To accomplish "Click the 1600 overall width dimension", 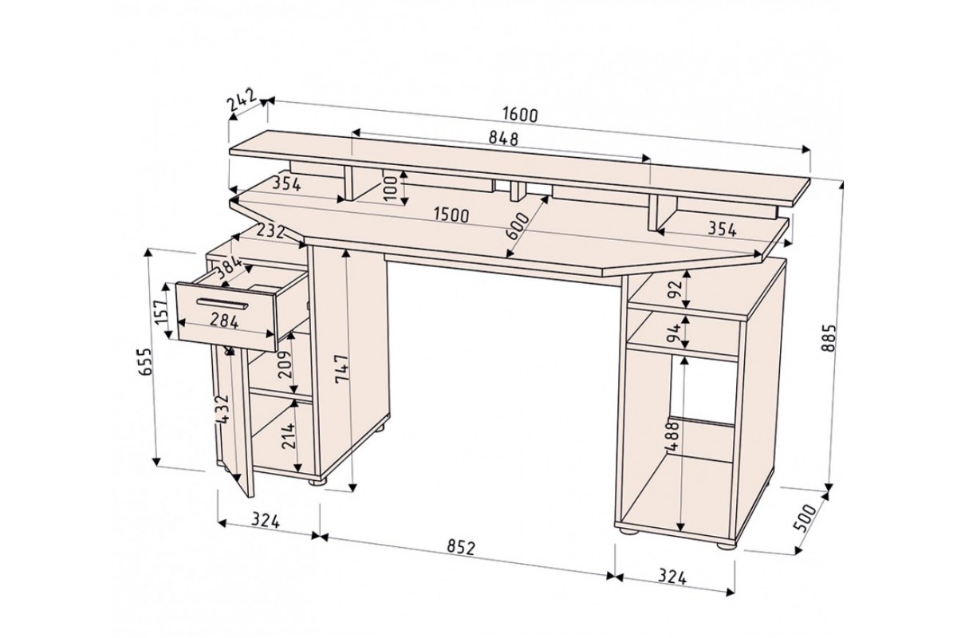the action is (520, 115).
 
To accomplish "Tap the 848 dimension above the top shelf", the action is (503, 139).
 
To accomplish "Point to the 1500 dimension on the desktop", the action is (451, 215).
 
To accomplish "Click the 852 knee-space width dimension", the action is (461, 548).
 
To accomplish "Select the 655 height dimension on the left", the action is (147, 361).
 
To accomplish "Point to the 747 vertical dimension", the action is (342, 369).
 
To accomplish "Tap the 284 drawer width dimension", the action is (224, 321).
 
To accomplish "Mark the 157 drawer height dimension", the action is (162, 312).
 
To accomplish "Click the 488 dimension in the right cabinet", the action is (672, 435).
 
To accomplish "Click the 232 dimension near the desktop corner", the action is (271, 231).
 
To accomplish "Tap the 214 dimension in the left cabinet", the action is (289, 435).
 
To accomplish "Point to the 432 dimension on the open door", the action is (223, 409).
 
